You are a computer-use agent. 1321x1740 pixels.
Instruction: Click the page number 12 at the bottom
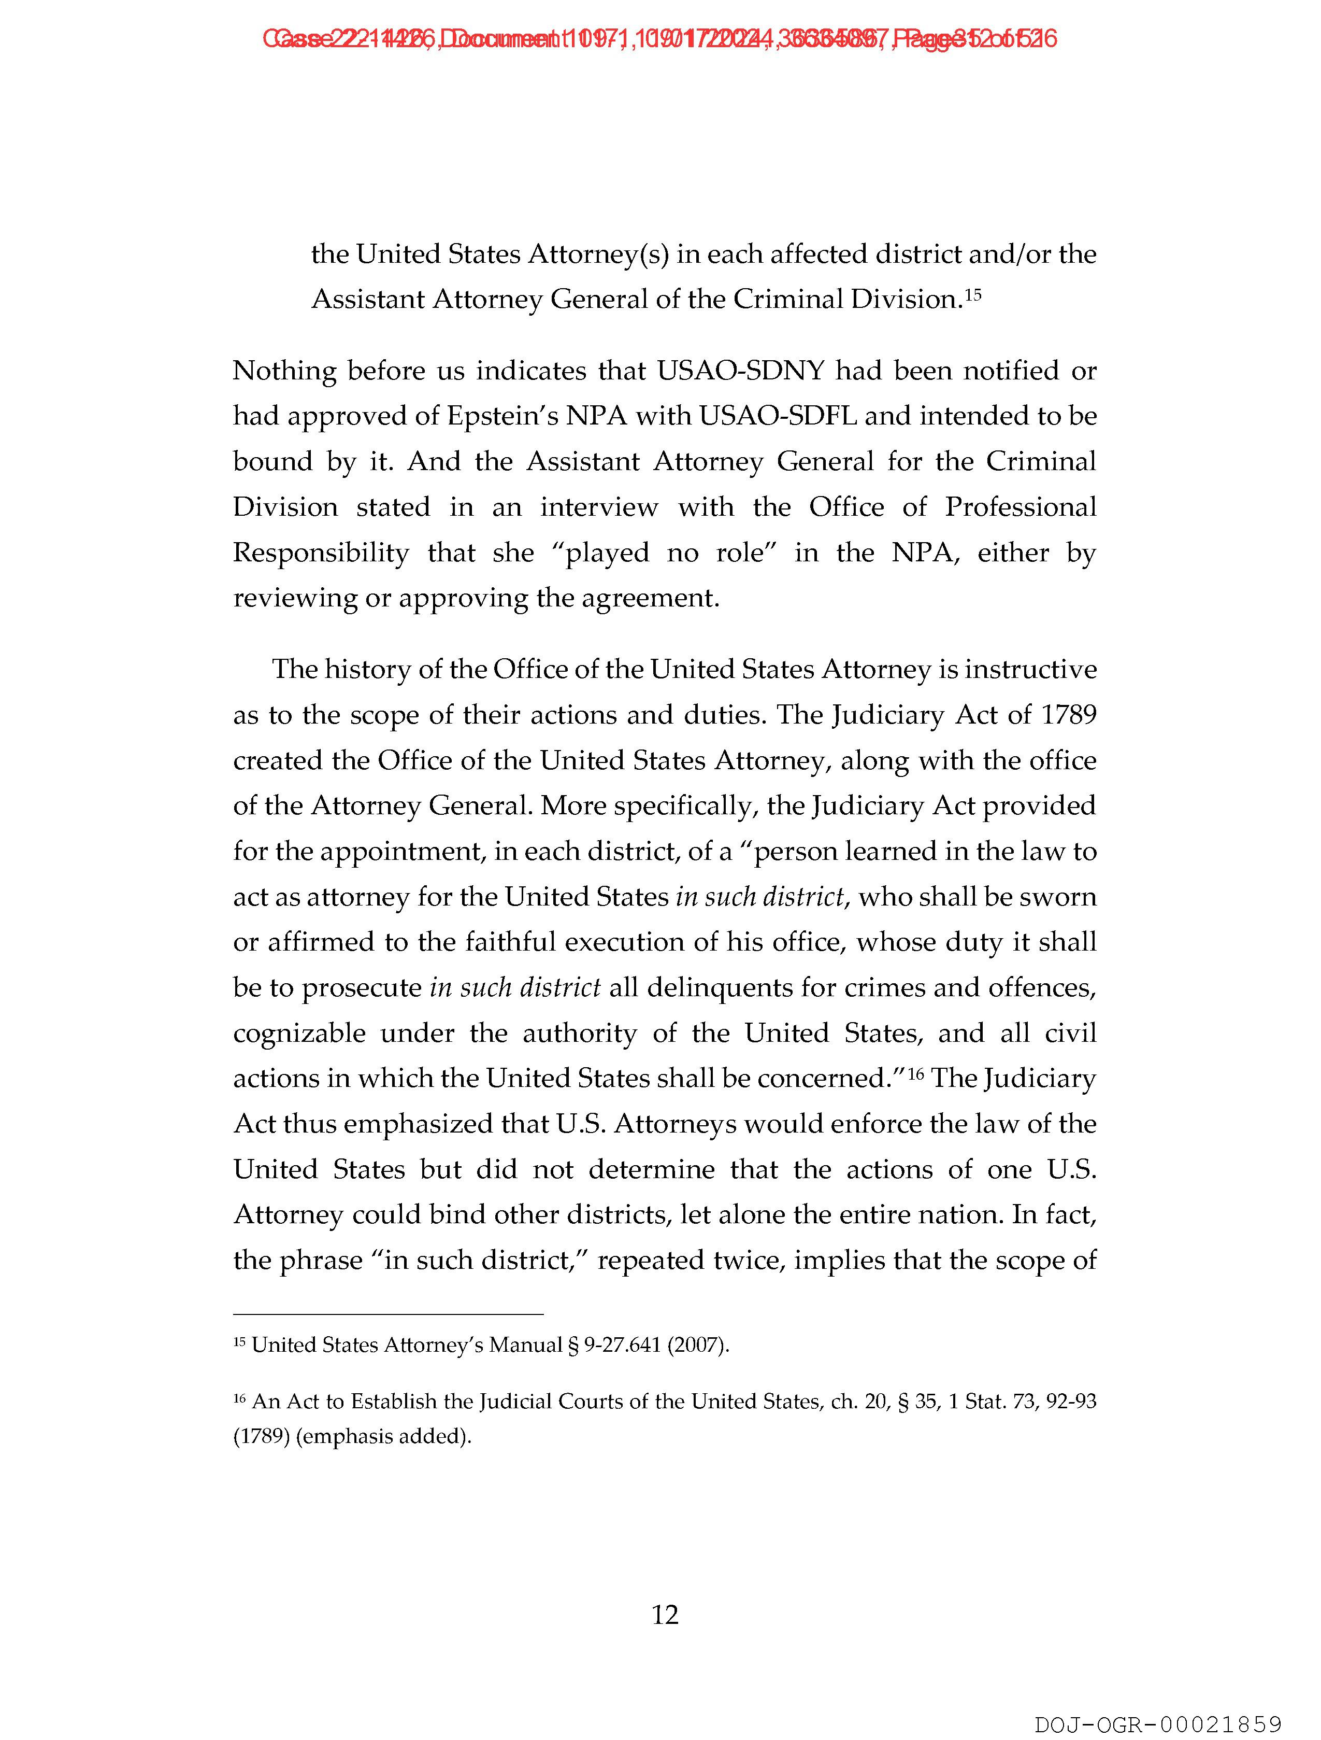click(665, 1615)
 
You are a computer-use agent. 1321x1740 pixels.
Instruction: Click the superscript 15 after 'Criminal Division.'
click(973, 295)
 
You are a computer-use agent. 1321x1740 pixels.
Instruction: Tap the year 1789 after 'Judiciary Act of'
click(1068, 715)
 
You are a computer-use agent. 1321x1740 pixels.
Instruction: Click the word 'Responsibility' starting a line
click(321, 553)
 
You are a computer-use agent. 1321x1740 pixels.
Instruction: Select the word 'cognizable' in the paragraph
click(299, 1033)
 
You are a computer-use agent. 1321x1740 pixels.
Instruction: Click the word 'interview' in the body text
click(598, 507)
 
